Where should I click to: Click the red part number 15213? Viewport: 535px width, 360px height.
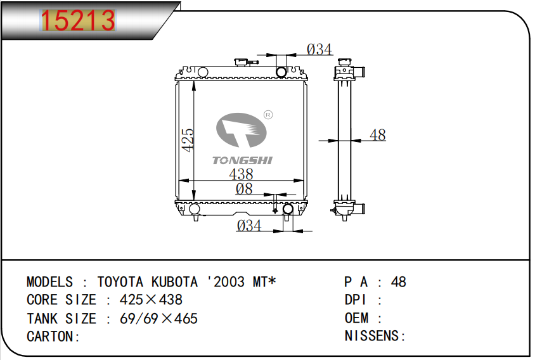pyautogui.click(x=78, y=20)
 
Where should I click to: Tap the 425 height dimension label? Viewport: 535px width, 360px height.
pyautogui.click(x=188, y=140)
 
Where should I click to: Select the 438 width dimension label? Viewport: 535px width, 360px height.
pyautogui.click(x=241, y=174)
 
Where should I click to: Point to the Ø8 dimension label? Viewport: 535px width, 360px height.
pyautogui.click(x=244, y=189)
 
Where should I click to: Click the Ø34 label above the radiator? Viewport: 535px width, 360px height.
pyautogui.click(x=319, y=49)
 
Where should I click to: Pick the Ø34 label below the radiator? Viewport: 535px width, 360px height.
pyautogui.click(x=249, y=226)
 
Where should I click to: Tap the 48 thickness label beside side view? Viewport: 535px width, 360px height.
pyautogui.click(x=378, y=135)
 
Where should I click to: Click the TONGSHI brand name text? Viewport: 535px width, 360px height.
pyautogui.click(x=242, y=160)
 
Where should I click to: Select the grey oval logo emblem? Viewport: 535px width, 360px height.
pyautogui.click(x=242, y=130)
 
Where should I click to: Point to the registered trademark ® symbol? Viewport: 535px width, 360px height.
pyautogui.click(x=268, y=115)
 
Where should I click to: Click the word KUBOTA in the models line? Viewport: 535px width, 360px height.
pyautogui.click(x=174, y=282)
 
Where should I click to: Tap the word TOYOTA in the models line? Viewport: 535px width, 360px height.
pyautogui.click(x=120, y=282)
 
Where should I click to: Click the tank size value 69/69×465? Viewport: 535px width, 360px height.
pyautogui.click(x=158, y=318)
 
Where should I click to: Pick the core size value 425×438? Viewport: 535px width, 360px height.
pyautogui.click(x=151, y=300)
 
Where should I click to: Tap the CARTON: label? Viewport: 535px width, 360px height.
pyautogui.click(x=53, y=337)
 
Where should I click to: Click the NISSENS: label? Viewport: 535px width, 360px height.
pyautogui.click(x=375, y=336)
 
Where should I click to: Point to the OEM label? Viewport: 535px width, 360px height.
pyautogui.click(x=356, y=318)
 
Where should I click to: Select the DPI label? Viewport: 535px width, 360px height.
pyautogui.click(x=355, y=300)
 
